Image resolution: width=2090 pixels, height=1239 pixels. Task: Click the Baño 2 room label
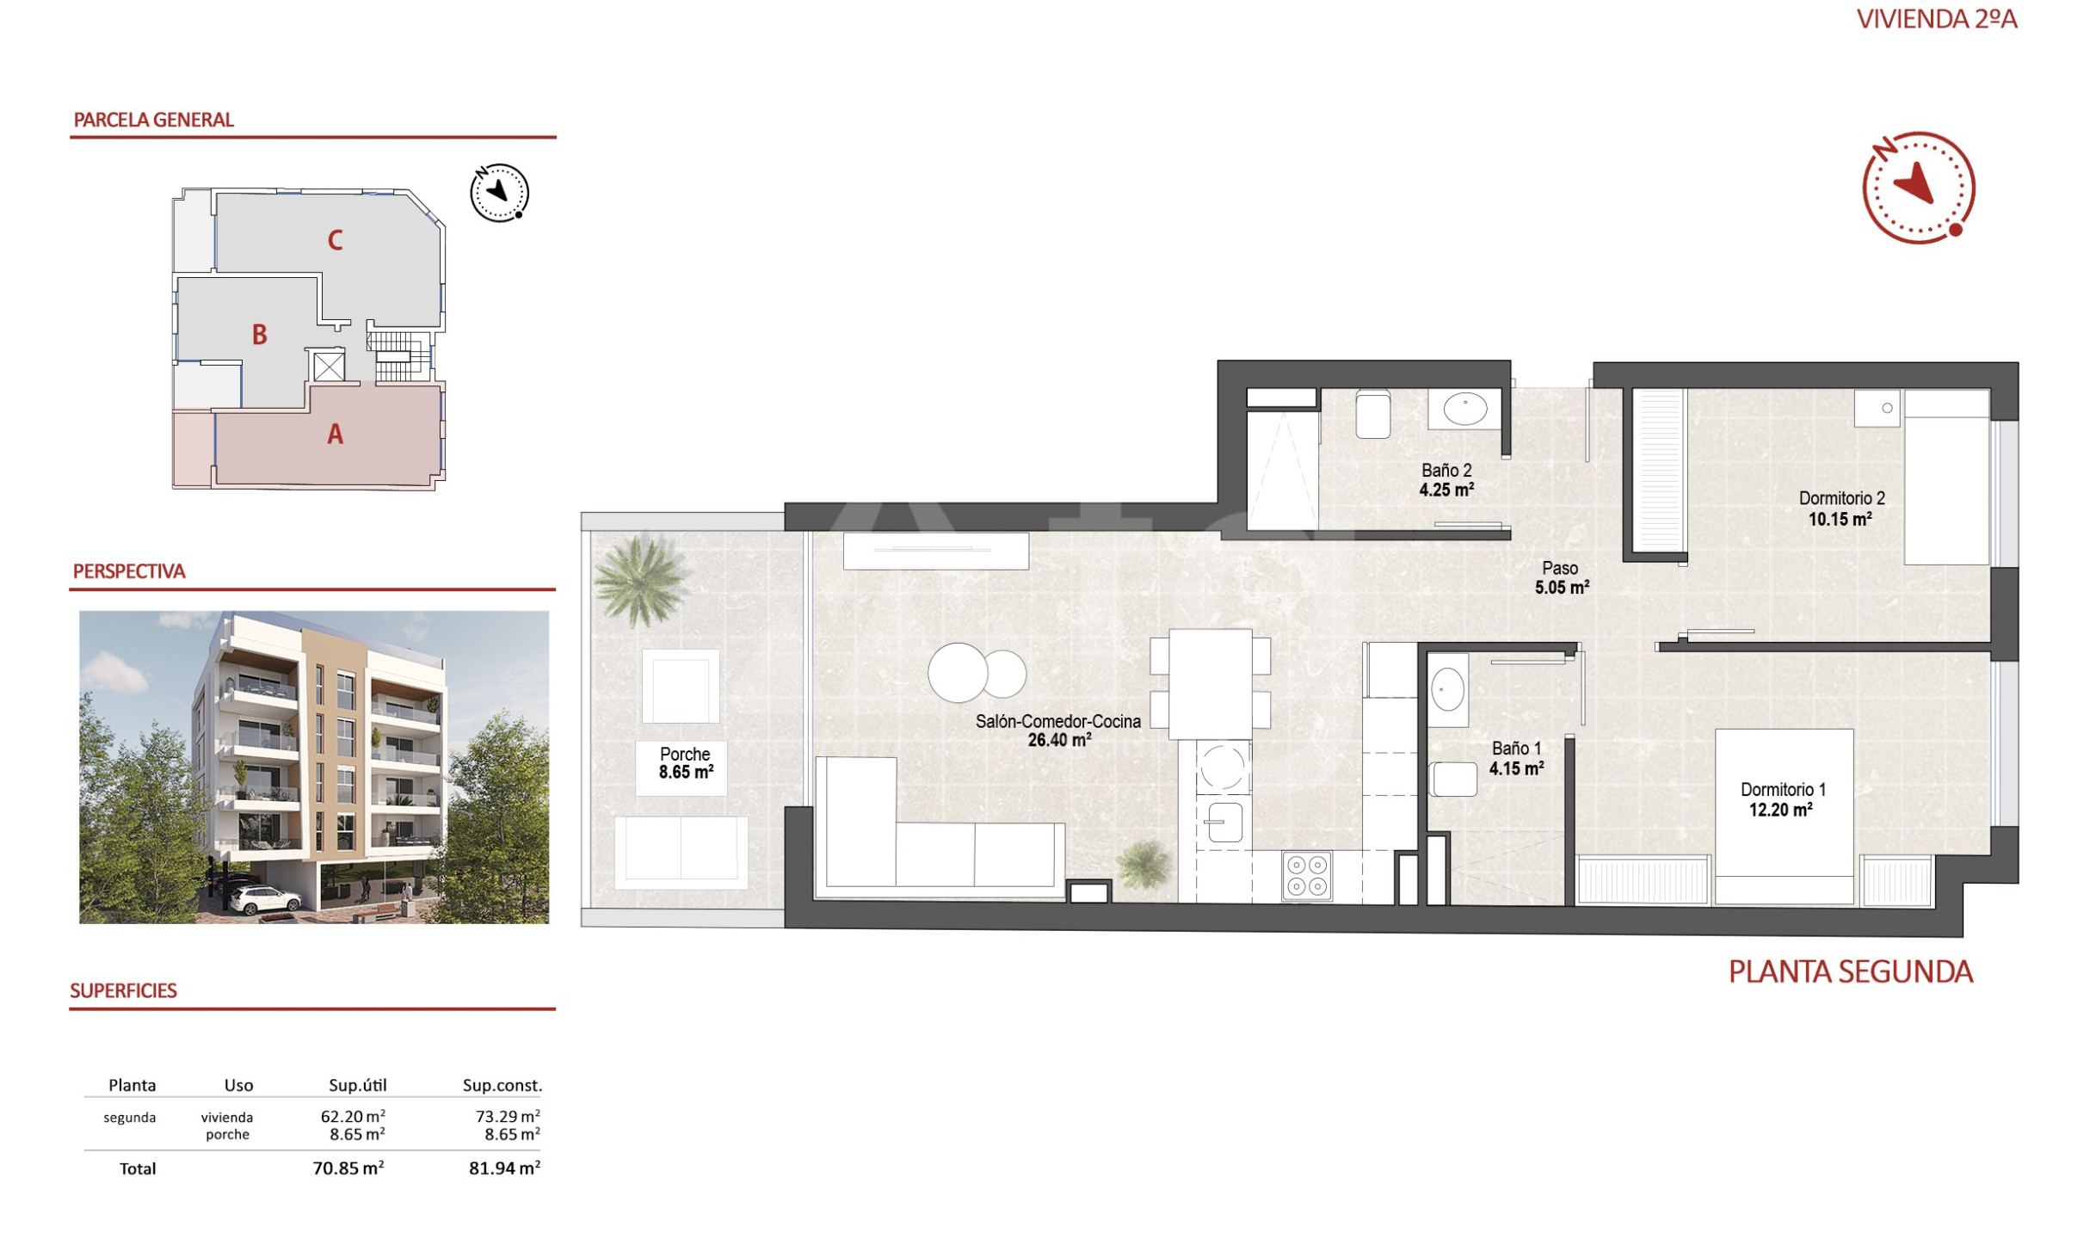[1446, 480]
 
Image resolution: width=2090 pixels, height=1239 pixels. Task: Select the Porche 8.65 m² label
[686, 763]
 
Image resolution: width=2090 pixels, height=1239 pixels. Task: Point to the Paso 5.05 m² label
[1561, 578]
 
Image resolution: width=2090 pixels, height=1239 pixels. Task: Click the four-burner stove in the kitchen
[1306, 876]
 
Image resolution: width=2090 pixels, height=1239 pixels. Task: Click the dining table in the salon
[1210, 684]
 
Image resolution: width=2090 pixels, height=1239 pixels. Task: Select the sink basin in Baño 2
[1464, 409]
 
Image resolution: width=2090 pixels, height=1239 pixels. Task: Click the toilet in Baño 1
[1452, 780]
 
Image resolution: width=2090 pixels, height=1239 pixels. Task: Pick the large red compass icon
[1918, 188]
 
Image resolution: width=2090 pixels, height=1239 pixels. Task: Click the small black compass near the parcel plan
[499, 193]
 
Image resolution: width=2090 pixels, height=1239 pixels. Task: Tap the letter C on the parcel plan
[336, 240]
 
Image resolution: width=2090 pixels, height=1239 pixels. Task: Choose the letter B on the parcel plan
[259, 335]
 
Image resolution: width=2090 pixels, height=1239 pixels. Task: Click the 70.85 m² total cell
[348, 1168]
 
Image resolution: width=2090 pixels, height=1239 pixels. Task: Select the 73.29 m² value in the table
[508, 1116]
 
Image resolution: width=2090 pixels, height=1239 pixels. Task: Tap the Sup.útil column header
[358, 1085]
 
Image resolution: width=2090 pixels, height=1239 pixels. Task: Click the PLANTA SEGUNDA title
[1850, 971]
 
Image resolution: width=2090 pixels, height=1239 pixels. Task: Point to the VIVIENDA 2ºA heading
[1937, 19]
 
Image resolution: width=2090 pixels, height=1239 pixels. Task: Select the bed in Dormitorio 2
[1946, 478]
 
